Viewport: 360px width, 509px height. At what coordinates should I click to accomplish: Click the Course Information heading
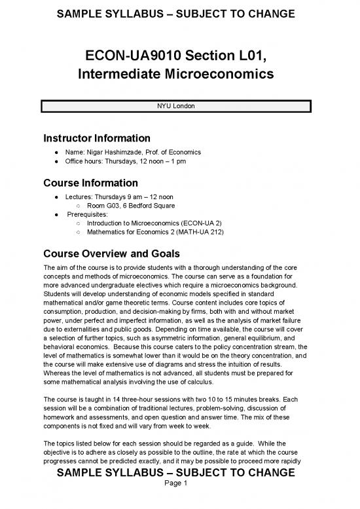[x=90, y=182]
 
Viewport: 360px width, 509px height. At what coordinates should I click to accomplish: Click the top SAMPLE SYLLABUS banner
[x=177, y=13]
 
